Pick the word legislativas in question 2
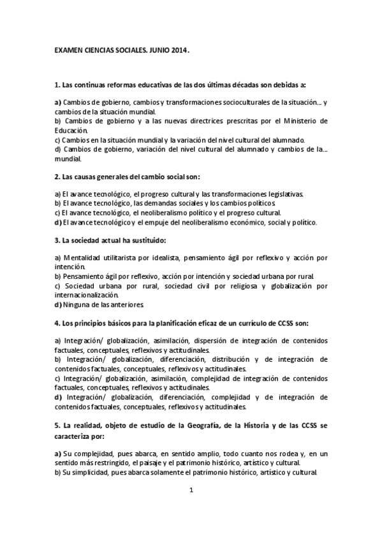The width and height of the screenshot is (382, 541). tap(284, 194)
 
